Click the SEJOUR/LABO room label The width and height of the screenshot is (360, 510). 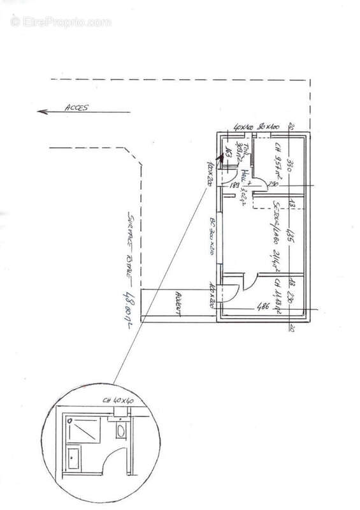click(277, 228)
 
